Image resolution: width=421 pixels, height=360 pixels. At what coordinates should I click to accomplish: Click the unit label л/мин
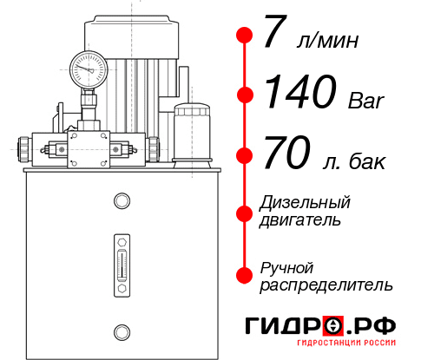click(327, 42)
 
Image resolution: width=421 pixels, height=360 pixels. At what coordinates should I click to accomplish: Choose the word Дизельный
click(306, 202)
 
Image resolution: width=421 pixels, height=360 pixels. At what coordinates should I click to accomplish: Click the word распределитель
click(326, 284)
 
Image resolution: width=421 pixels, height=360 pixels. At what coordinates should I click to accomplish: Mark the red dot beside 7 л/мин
click(245, 36)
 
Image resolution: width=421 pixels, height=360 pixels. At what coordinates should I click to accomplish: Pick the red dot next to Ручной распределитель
click(245, 275)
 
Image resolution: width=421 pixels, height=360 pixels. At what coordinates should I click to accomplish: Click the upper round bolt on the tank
click(122, 202)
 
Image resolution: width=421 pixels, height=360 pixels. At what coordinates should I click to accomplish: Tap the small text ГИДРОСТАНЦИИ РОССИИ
click(349, 347)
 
